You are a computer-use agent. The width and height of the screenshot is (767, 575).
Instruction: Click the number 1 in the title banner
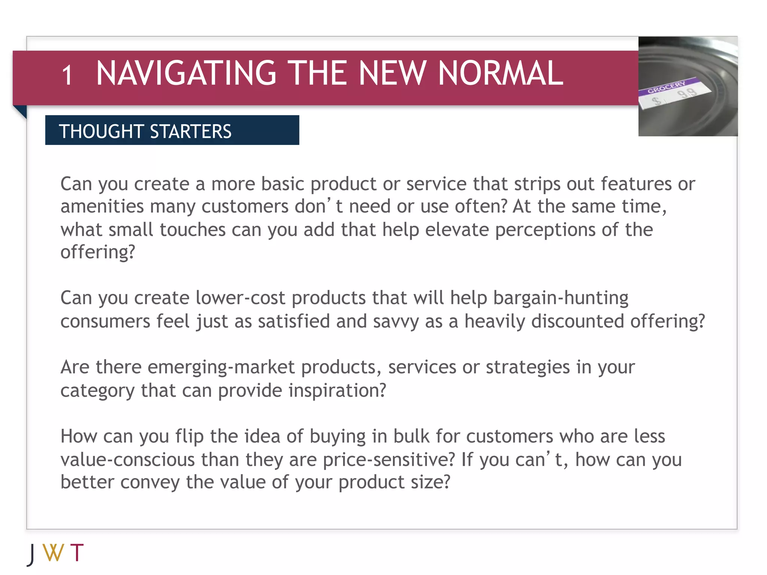[x=67, y=75]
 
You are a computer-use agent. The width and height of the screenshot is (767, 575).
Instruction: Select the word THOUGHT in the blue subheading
[x=101, y=131]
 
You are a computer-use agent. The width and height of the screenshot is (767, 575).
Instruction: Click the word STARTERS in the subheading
[x=191, y=131]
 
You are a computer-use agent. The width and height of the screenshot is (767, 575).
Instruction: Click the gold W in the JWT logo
[x=53, y=553]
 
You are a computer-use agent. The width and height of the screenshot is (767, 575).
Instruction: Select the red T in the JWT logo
[x=77, y=553]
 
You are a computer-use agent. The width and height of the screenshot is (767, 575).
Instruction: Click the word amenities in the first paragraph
[x=102, y=207]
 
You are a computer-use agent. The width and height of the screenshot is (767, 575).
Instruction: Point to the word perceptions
[x=545, y=229]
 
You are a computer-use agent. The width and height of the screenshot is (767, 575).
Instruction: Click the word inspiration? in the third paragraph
[x=337, y=390]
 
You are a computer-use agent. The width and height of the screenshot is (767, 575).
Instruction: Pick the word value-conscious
[x=128, y=460]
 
